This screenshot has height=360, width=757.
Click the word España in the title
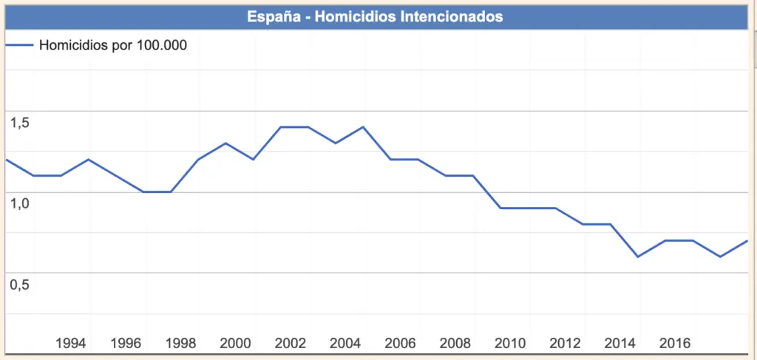[x=274, y=16]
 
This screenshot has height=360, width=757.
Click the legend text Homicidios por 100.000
[x=112, y=45]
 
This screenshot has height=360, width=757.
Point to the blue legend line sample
[x=19, y=45]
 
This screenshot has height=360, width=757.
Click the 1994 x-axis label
[x=70, y=344]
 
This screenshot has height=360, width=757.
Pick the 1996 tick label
[x=126, y=344]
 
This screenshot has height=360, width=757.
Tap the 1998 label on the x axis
[x=180, y=344]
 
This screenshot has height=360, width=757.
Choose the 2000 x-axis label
[x=235, y=344]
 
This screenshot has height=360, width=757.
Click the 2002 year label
[x=290, y=344]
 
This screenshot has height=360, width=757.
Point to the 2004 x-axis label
[x=345, y=344]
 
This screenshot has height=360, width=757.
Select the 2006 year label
[x=400, y=344]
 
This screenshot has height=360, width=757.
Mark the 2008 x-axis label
[x=455, y=344]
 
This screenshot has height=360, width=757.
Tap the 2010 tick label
[x=510, y=344]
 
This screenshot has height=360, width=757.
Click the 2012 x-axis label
[x=565, y=344]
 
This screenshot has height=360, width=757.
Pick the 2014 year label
[x=619, y=344]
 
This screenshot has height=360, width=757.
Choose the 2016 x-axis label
[x=675, y=344]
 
